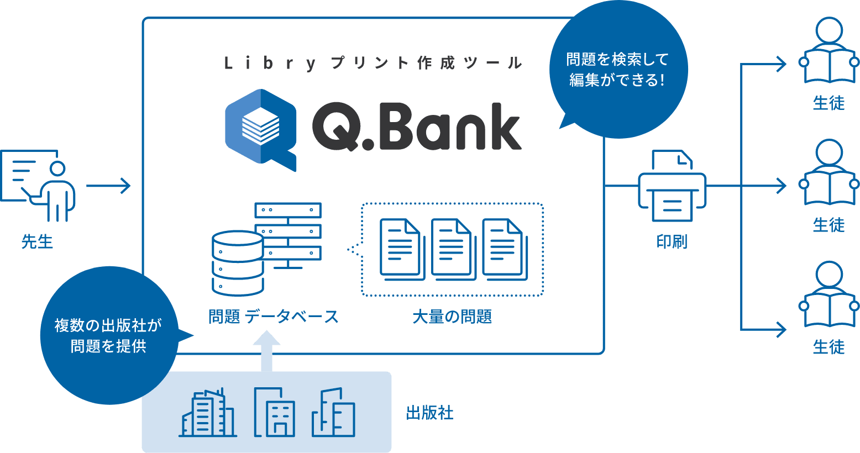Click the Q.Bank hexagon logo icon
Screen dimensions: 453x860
(260, 128)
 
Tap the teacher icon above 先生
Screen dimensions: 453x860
(39, 185)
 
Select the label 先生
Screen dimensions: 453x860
(37, 241)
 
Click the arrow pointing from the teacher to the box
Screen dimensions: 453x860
(108, 186)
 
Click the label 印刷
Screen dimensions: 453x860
(672, 241)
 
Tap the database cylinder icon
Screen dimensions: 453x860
(238, 263)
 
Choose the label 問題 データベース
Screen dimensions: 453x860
(273, 317)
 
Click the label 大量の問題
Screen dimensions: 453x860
(452, 317)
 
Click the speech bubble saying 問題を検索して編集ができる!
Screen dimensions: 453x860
(618, 70)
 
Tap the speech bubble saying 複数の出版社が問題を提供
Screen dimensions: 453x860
(108, 335)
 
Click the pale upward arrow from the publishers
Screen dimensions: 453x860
(266, 350)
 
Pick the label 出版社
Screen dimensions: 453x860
(429, 413)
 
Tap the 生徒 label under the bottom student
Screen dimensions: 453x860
(828, 347)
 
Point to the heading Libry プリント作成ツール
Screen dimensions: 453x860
(373, 63)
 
